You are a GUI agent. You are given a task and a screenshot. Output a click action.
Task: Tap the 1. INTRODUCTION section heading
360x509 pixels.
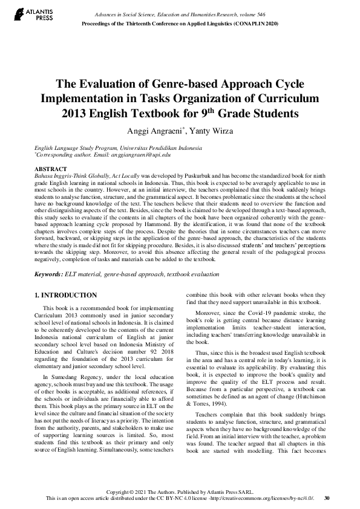coord(65,295)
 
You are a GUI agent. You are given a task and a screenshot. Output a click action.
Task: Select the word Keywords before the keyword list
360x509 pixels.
coord(48,274)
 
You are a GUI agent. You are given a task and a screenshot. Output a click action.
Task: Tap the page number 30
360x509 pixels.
coord(327,499)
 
